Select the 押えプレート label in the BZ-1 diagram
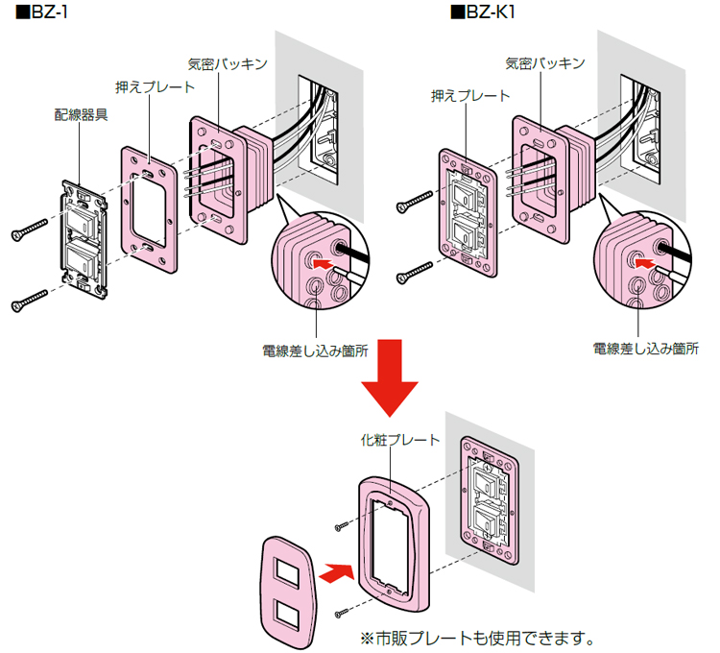tap(154, 87)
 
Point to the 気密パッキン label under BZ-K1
tap(544, 63)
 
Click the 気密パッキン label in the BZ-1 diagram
tap(228, 63)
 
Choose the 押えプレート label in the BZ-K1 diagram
tap(470, 95)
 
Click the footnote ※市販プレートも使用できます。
tap(477, 637)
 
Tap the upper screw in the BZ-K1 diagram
tap(414, 200)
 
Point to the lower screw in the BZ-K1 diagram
tap(414, 271)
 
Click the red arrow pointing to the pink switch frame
tap(331, 573)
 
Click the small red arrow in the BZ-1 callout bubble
tap(327, 259)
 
